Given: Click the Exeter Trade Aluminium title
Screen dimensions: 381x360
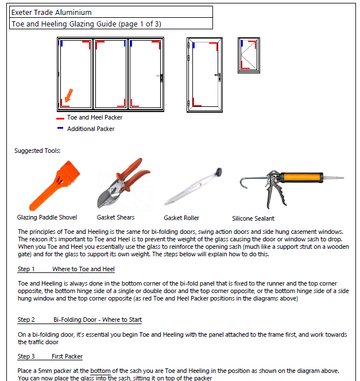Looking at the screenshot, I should pos(51,12).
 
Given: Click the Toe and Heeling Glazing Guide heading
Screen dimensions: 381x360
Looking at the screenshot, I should pos(86,24).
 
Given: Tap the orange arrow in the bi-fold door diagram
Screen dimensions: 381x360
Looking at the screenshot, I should pos(69,95).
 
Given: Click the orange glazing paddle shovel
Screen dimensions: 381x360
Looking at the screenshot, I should pos(51,186).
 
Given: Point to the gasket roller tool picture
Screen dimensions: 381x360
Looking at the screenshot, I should pos(193,187).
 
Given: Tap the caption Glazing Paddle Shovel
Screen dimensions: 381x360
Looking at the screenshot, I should pos(47,217).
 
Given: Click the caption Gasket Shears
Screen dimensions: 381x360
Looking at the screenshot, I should pos(117,217).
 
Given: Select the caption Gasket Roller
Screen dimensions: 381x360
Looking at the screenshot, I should pos(181,218).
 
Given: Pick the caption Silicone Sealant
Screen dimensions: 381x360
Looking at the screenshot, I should pos(253,218).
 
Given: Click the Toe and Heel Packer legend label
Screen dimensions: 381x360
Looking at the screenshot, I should pos(94,117).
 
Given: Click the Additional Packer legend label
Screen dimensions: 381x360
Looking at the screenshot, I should pos(91,129).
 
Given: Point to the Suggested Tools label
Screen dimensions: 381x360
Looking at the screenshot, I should pos(37,151).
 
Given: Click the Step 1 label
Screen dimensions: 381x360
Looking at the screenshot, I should pos(26,269).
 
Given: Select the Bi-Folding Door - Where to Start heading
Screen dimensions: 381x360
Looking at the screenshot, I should pos(98,320).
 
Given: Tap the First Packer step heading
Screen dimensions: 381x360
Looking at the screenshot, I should pos(67,356).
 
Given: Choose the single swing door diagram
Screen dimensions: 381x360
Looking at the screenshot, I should pos(205,75).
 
